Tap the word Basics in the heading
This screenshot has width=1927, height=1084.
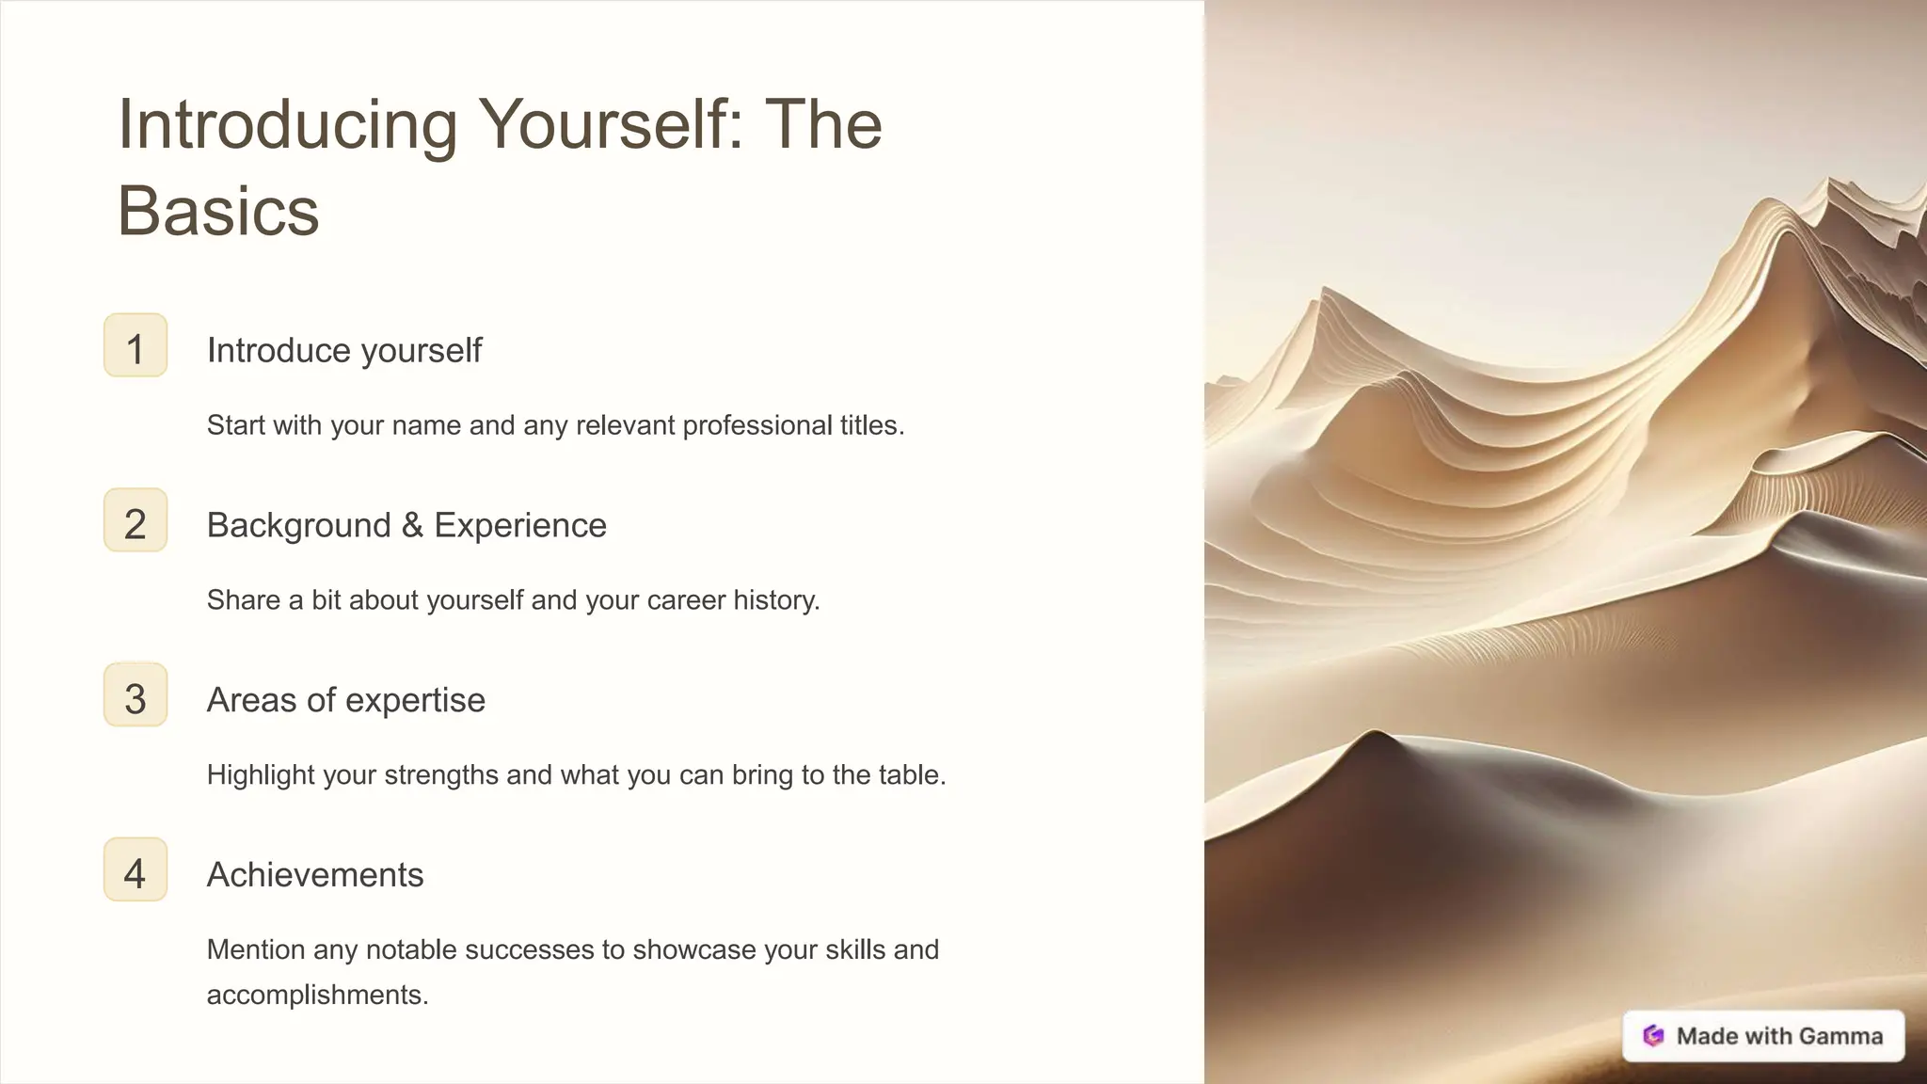coord(218,211)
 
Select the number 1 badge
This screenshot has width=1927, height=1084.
coord(135,346)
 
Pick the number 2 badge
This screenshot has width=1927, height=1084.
coord(135,521)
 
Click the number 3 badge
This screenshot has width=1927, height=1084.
coord(135,696)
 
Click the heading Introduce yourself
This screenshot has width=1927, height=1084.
coord(344,350)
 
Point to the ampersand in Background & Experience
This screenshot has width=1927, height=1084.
coord(412,525)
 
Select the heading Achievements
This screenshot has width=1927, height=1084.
coord(315,875)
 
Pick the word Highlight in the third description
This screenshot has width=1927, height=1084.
coord(261,775)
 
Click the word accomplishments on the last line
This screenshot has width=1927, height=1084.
coord(317,995)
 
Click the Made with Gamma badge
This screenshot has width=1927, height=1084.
coord(1763,1036)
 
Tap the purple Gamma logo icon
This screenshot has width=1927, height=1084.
coord(1653,1036)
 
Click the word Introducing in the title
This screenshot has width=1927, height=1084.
coord(287,126)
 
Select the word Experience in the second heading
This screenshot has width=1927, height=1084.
coord(520,525)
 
